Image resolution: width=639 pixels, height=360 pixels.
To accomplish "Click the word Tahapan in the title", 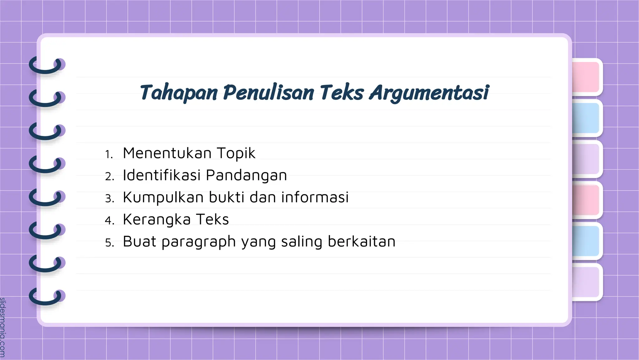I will click(179, 93).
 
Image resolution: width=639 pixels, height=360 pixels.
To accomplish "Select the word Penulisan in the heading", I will click(269, 93).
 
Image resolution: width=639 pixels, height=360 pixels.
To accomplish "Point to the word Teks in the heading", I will click(342, 93).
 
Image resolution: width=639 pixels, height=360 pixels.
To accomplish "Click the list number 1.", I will click(109, 154).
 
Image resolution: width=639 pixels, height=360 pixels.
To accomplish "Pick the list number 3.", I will click(109, 198).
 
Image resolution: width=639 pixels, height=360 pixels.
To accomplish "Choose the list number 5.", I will click(109, 242).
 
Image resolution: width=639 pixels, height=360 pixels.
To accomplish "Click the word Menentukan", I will click(167, 153).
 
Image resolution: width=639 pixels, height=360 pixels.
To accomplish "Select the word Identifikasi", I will click(161, 175).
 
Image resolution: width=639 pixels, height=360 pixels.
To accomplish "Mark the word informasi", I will click(315, 197).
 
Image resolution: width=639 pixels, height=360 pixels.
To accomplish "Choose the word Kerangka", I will click(157, 220).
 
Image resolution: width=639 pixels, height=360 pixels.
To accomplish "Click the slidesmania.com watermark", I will click(3, 327).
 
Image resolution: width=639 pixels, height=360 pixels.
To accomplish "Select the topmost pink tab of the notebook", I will click(586, 77).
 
